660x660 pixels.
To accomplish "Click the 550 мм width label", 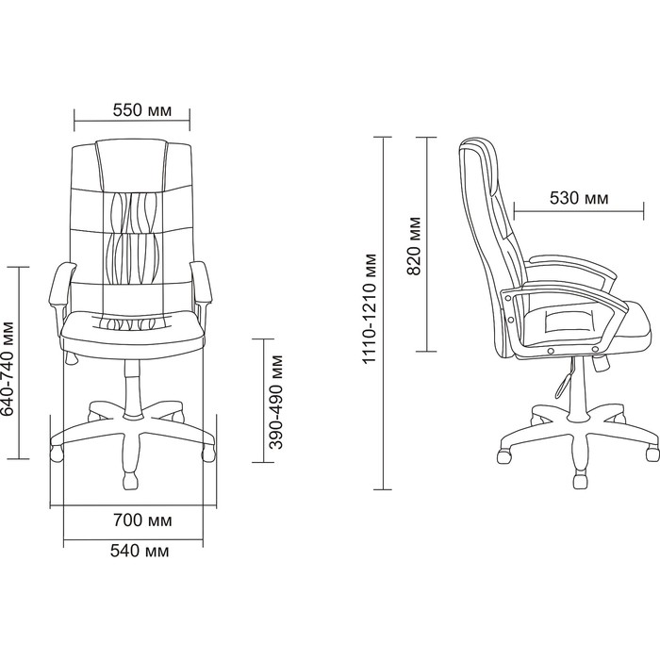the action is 142,110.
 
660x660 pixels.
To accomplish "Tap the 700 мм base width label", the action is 142,520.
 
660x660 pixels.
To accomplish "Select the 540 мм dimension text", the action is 140,551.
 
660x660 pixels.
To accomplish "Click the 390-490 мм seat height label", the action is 276,402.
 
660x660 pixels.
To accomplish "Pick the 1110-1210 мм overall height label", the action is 370,308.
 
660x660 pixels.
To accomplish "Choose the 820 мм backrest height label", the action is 414,246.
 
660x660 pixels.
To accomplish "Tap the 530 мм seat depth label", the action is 579,198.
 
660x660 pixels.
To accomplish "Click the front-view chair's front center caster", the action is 130,480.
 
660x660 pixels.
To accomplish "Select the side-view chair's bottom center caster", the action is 580,480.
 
